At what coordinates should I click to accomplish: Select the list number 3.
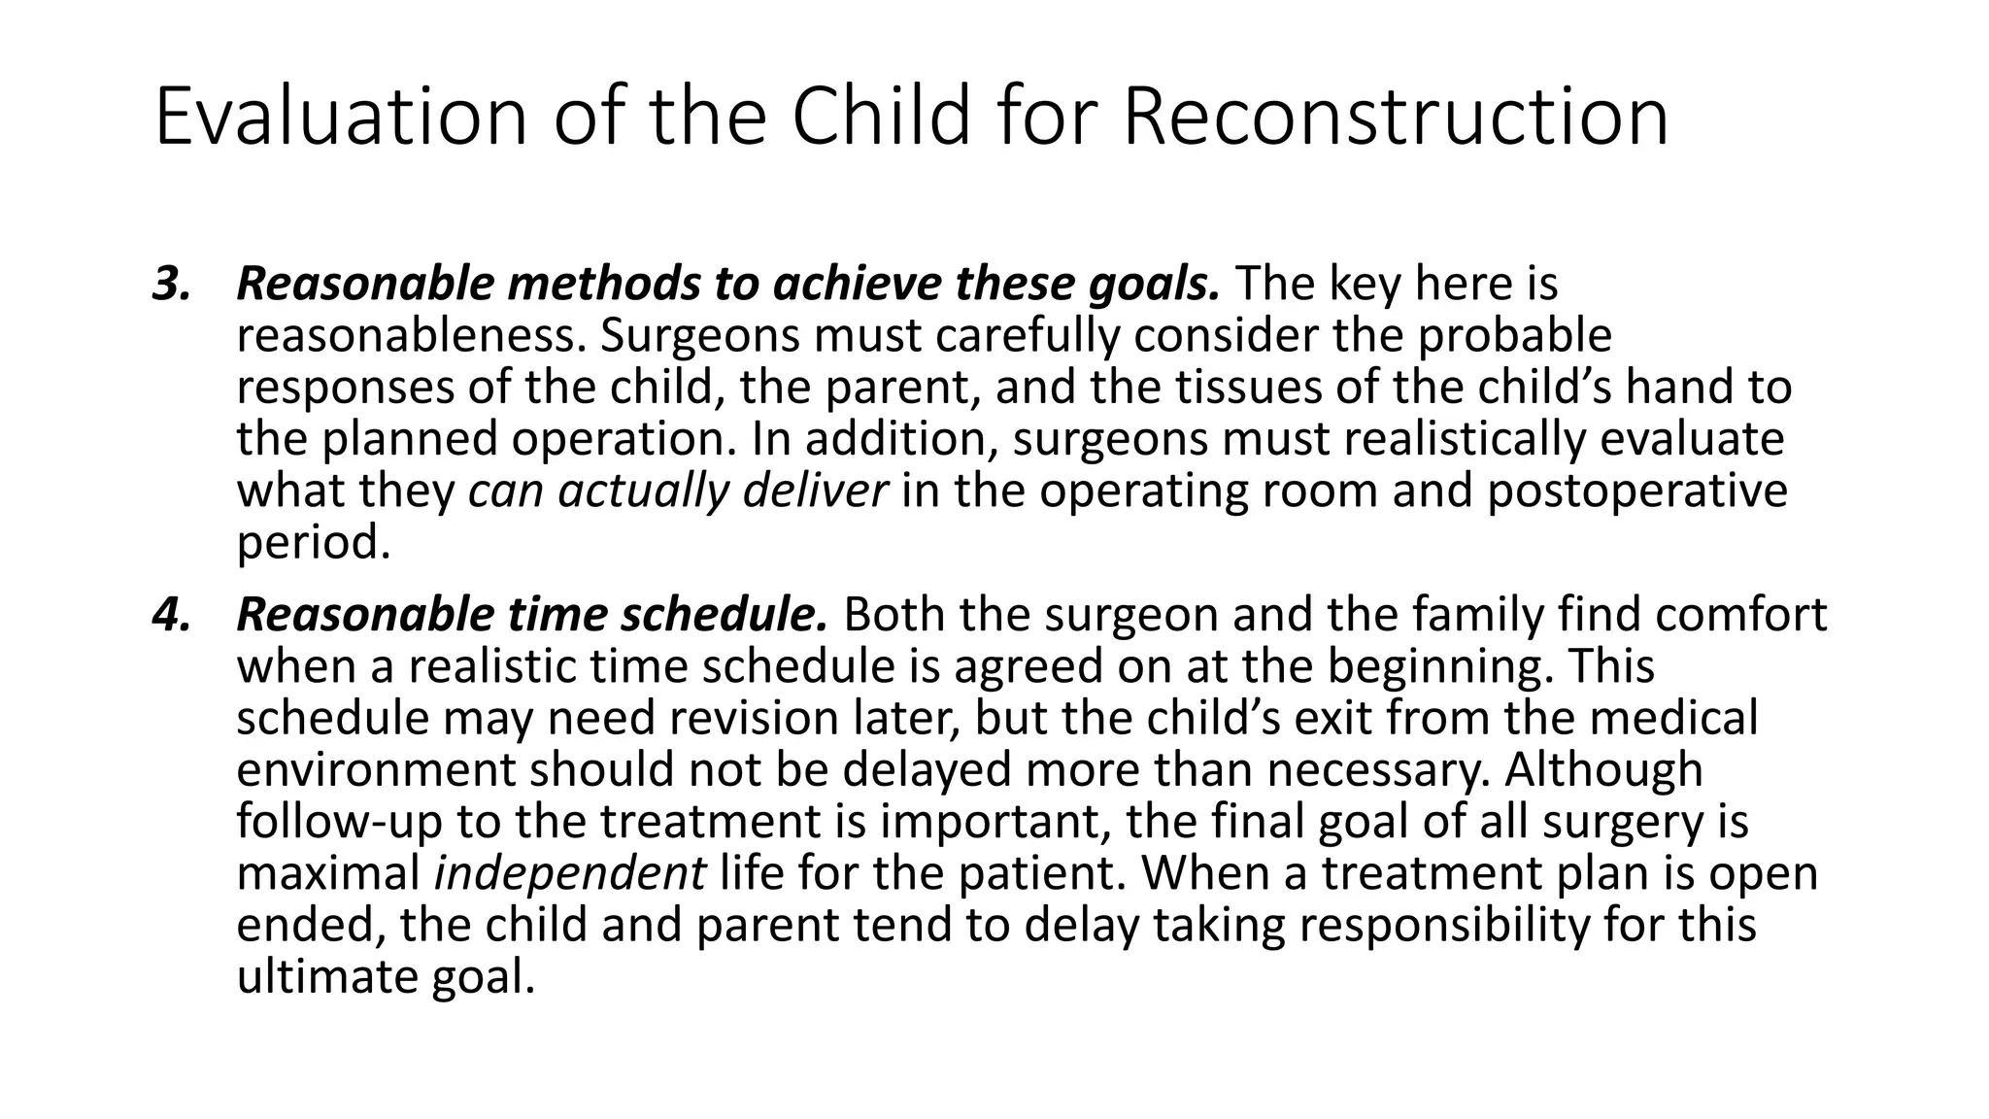(169, 285)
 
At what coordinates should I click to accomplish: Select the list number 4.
(169, 615)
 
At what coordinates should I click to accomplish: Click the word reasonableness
(412, 337)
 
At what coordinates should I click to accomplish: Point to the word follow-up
(339, 822)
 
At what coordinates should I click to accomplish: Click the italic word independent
(569, 874)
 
